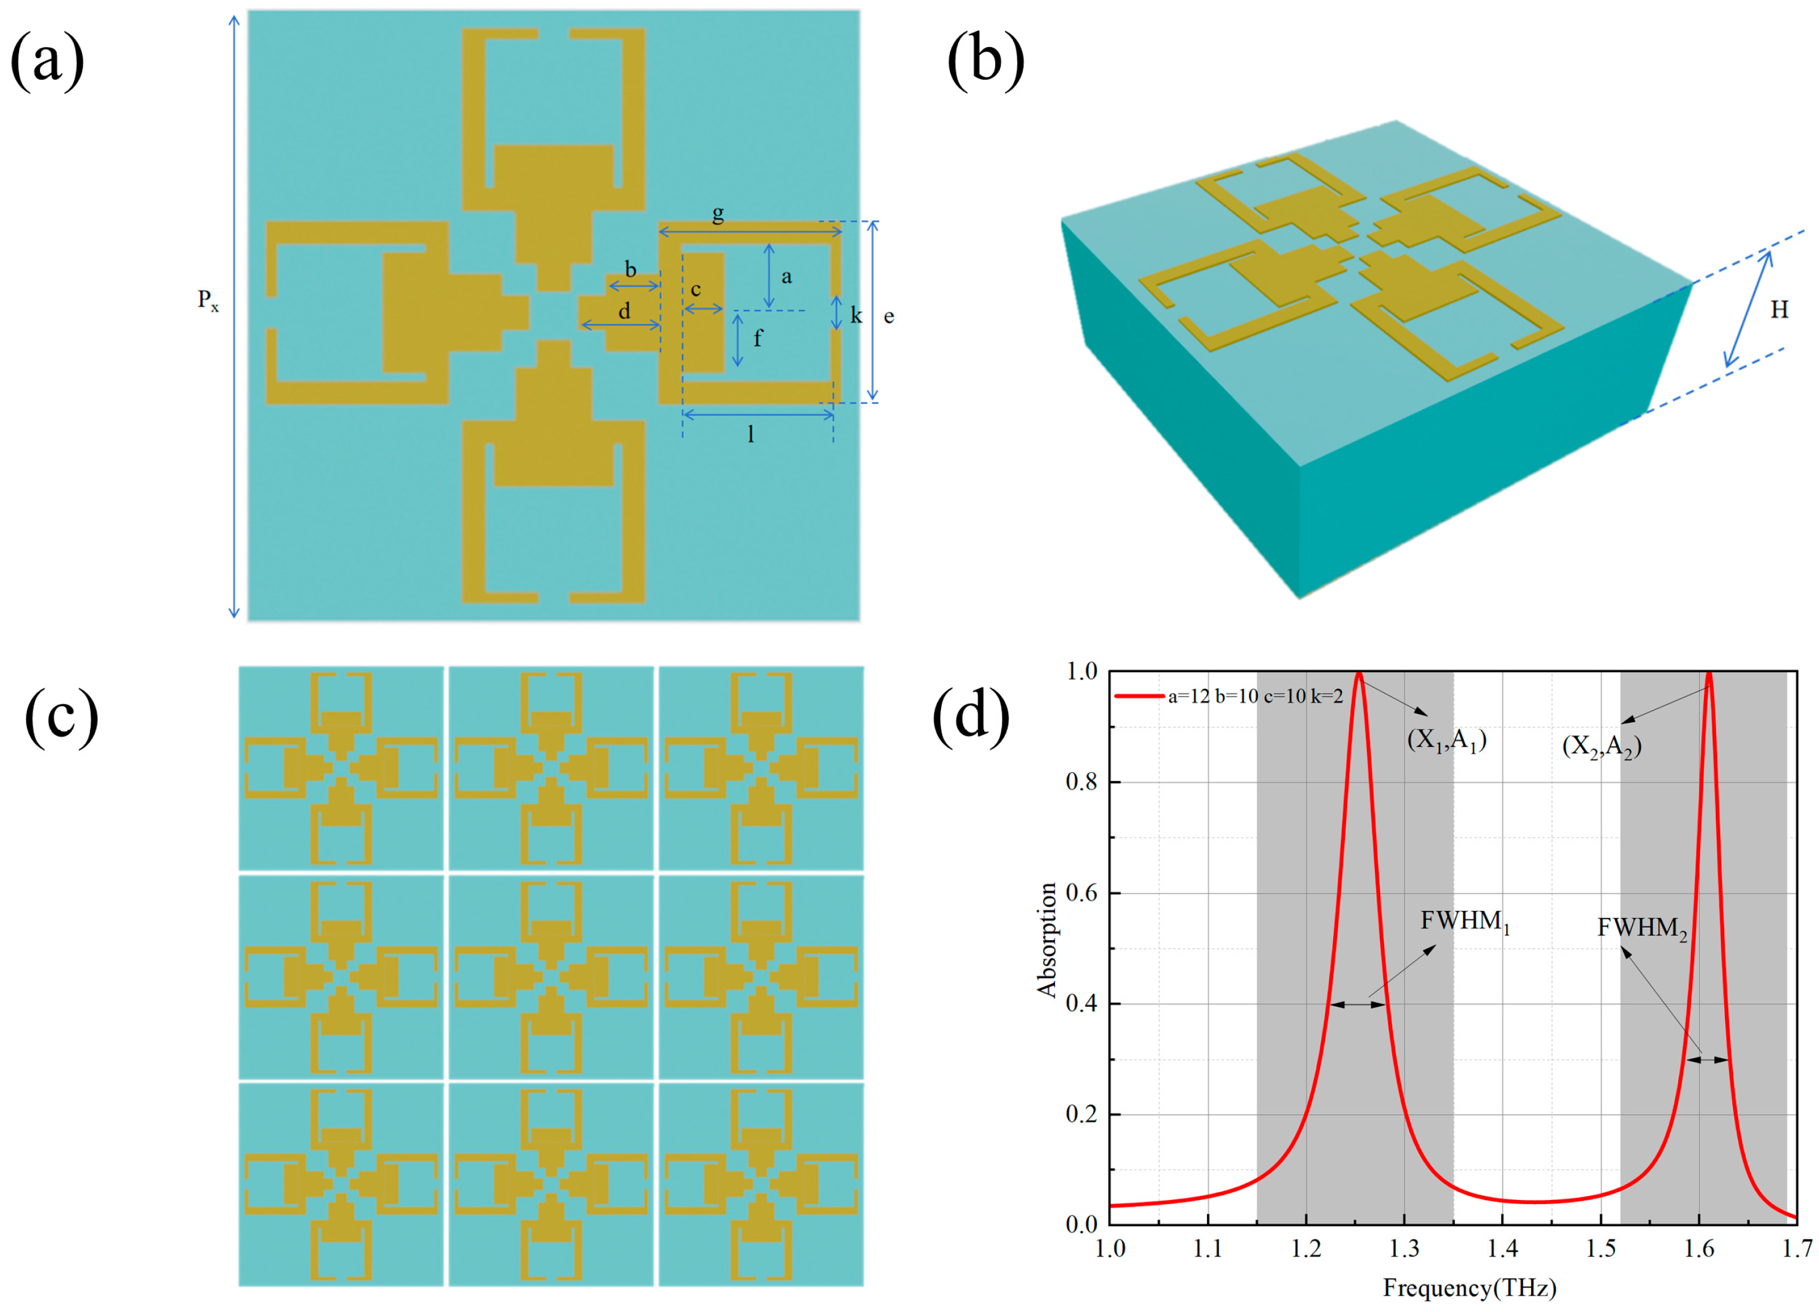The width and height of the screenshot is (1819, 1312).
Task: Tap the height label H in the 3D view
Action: pyautogui.click(x=1779, y=310)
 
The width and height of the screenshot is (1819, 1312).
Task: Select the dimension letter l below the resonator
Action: pyautogui.click(x=751, y=434)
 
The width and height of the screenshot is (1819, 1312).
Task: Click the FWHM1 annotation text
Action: pyautogui.click(x=1464, y=922)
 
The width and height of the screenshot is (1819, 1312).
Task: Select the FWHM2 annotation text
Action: pyautogui.click(x=1642, y=929)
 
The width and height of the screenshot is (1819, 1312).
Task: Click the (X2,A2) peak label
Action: pyautogui.click(x=1601, y=747)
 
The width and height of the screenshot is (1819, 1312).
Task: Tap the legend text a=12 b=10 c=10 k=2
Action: pyautogui.click(x=1255, y=696)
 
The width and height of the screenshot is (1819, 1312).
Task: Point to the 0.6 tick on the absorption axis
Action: pyautogui.click(x=1081, y=893)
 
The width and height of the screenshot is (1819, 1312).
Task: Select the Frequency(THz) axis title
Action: pyautogui.click(x=1469, y=1288)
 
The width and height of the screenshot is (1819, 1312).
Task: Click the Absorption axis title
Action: pyautogui.click(x=1047, y=939)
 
